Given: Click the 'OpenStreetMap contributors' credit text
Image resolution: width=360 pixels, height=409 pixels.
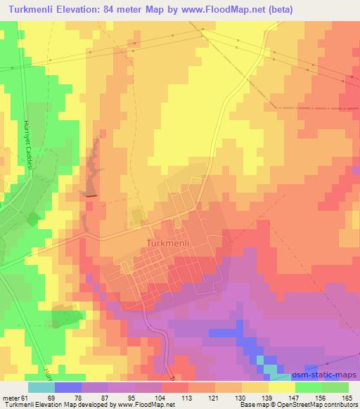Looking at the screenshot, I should coord(319,405).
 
